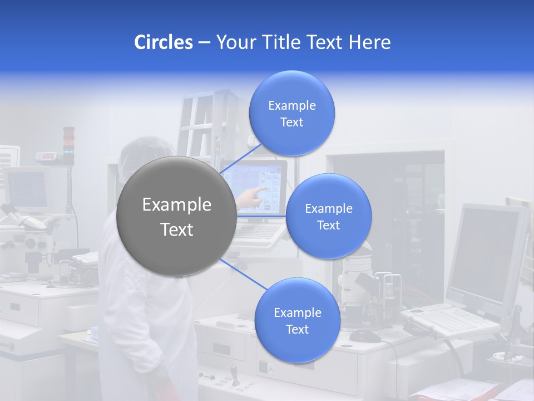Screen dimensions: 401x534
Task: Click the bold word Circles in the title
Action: pos(163,42)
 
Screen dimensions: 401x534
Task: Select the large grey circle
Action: pos(176,216)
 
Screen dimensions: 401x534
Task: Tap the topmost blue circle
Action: pos(291,113)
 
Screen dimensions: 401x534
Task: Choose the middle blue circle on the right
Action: pos(328,216)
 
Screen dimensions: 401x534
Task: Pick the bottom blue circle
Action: pos(297,320)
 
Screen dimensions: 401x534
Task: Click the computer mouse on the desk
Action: pos(364,335)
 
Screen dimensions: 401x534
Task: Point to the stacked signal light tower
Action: pos(68,145)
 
